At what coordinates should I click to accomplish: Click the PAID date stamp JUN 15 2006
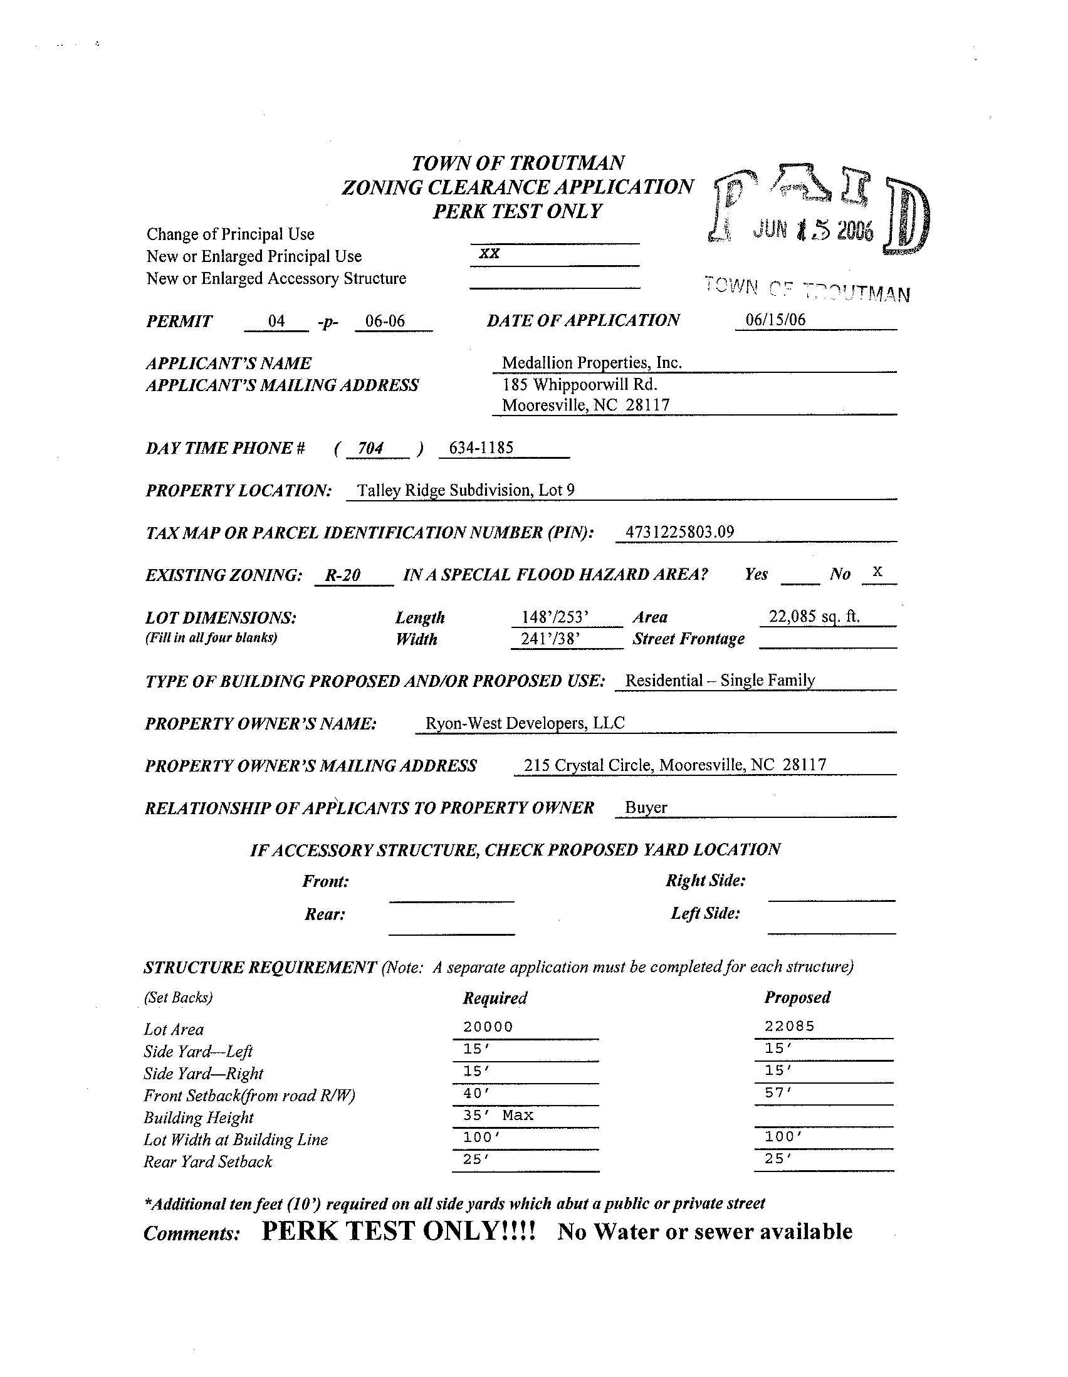coord(814,231)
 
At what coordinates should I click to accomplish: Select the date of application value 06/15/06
coord(775,320)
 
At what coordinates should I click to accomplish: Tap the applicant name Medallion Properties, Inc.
coord(592,362)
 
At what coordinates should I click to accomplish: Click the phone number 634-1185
coord(481,448)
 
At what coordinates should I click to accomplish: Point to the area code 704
coord(370,448)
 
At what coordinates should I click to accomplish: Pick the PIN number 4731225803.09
coord(679,531)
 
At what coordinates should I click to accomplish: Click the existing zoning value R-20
coord(342,575)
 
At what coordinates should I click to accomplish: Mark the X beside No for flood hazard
coord(877,572)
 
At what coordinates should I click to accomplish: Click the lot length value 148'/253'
coord(555,617)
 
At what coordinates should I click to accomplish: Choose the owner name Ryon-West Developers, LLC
coord(525,723)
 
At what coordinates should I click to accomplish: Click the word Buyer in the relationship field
coord(646,808)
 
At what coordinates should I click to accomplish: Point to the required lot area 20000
coord(488,1027)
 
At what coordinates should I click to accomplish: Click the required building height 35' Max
coord(498,1115)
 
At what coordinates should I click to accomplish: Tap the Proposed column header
coord(797,997)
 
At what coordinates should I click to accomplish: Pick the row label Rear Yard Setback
coord(208,1161)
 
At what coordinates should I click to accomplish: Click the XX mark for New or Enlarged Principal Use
coord(490,253)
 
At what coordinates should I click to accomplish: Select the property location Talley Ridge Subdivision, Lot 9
coord(465,490)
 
